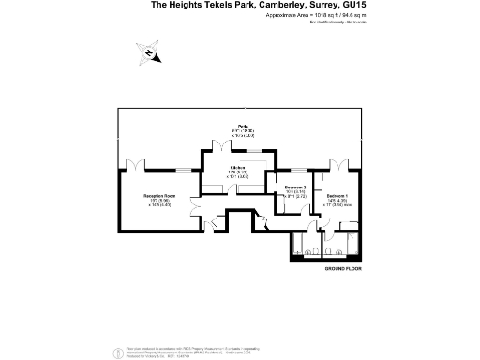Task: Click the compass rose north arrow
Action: coord(150,53)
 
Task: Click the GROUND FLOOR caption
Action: coord(342,269)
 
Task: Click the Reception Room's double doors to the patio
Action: coord(137,165)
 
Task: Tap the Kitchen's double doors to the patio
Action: coord(221,144)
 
